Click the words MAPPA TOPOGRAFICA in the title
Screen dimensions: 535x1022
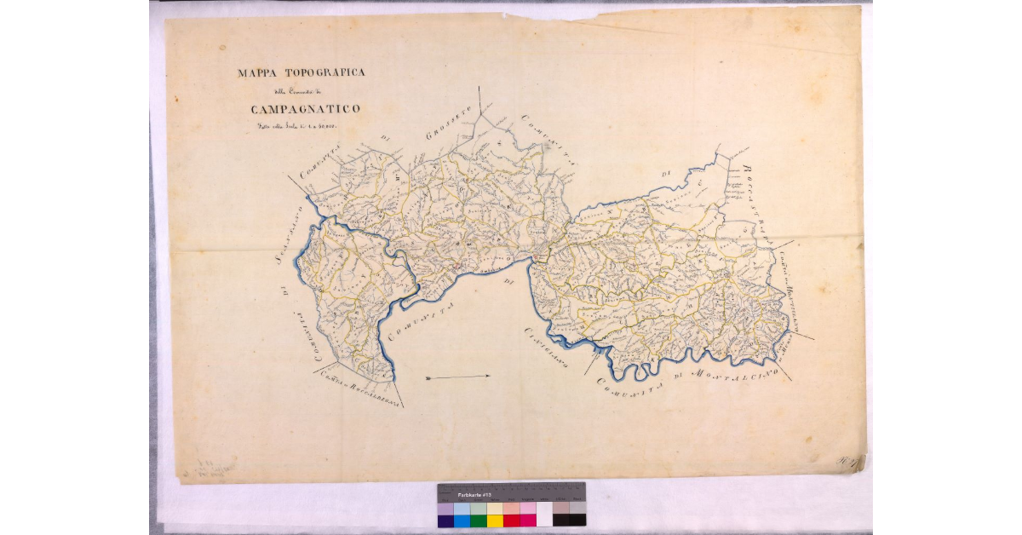pyautogui.click(x=301, y=73)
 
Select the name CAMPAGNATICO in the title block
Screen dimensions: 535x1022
pyautogui.click(x=305, y=109)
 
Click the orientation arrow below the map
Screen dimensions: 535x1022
pyautogui.click(x=458, y=377)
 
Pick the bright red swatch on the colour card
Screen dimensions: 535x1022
pyautogui.click(x=511, y=520)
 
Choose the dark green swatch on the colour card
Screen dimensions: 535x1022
pyautogui.click(x=479, y=520)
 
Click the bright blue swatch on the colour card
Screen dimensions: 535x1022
pyautogui.click(x=462, y=520)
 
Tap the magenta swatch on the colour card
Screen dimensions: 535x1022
pyautogui.click(x=528, y=520)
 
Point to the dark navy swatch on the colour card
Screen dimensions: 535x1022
pyautogui.click(x=445, y=520)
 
